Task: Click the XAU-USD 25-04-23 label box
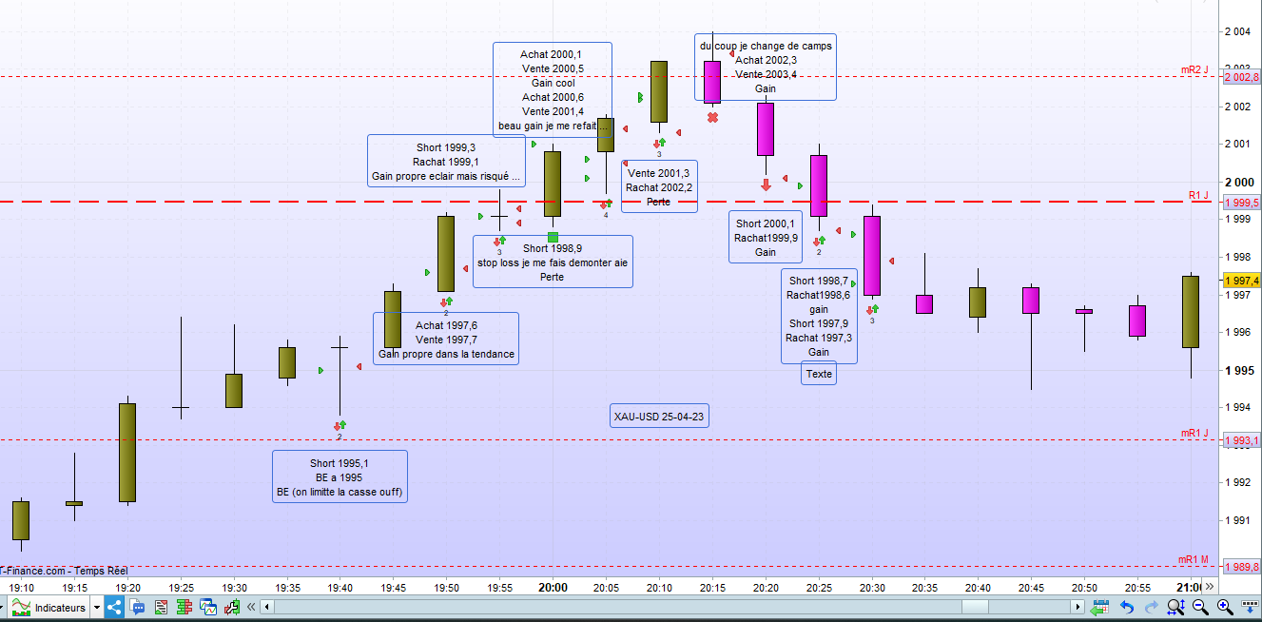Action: click(x=659, y=416)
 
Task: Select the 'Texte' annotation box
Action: click(x=818, y=374)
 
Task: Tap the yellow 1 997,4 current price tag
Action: click(x=1241, y=281)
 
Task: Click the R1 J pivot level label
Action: click(x=1197, y=195)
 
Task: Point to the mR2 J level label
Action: click(x=1194, y=69)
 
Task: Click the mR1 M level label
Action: click(x=1193, y=559)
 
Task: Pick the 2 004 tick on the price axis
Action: click(x=1237, y=31)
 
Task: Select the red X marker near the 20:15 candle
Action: click(x=712, y=117)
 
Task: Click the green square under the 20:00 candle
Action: click(x=553, y=237)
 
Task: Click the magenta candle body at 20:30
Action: click(x=871, y=256)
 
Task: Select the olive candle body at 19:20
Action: click(x=126, y=452)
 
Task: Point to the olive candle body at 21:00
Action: click(x=1190, y=311)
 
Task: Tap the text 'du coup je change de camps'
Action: click(x=766, y=46)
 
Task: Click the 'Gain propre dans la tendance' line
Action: click(x=446, y=355)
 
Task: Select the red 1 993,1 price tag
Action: click(x=1241, y=440)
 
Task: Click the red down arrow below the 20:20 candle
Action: click(x=766, y=185)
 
